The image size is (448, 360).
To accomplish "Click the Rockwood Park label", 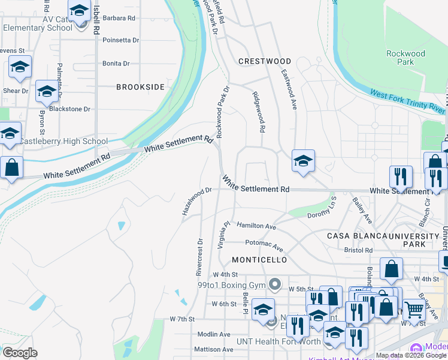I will pos(405,58).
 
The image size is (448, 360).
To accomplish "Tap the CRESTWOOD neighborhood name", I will pos(265,61).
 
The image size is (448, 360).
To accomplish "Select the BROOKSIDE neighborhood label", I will pos(140,87).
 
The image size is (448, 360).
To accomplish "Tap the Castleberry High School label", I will pos(63,142).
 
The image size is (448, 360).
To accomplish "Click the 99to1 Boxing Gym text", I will pos(231,285).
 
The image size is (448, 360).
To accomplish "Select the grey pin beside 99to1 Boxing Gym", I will pos(275,284).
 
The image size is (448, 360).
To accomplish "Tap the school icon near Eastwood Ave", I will pos(304,161).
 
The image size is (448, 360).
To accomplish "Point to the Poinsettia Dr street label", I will pos(120,40).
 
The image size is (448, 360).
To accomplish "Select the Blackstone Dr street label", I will pos(69,109).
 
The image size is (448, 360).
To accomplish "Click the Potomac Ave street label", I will pos(264,245).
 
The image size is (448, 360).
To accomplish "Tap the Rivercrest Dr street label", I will pos(199,257).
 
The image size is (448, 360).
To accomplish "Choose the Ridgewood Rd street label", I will pos(259,112).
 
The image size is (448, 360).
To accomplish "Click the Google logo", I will pos(20,353).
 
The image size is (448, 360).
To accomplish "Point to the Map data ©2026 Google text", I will pos(410,355).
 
